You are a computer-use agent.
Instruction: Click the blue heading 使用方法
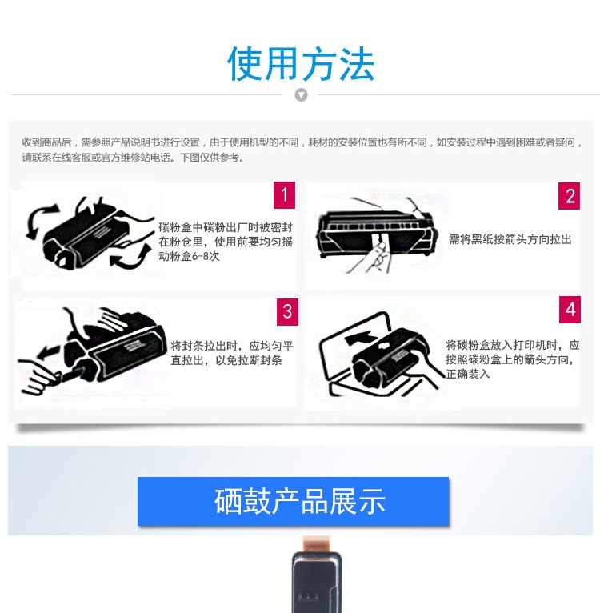point(301,63)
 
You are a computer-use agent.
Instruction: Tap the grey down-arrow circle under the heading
point(301,95)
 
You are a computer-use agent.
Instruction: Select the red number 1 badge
point(284,194)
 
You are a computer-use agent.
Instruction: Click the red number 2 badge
point(569,196)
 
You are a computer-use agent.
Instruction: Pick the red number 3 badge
point(287,311)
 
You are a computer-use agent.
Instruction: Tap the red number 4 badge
point(570,310)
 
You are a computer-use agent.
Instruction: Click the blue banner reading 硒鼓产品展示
point(293,501)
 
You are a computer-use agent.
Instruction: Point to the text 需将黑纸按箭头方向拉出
point(510,239)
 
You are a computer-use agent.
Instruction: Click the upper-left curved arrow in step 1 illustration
point(40,219)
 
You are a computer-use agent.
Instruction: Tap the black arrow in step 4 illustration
point(361,338)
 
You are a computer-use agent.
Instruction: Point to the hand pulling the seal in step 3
point(39,375)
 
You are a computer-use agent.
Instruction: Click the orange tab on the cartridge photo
point(316,544)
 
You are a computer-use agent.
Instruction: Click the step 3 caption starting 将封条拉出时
point(232,353)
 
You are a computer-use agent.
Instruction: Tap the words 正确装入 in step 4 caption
point(468,374)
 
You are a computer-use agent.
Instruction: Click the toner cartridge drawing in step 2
point(374,230)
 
